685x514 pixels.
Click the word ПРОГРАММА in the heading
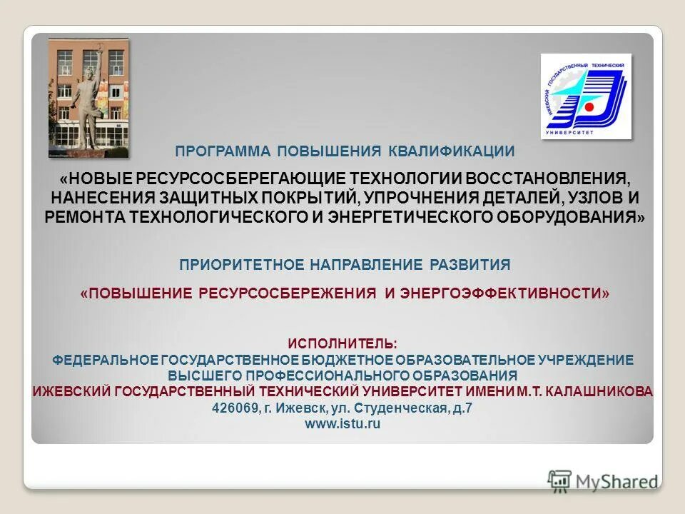(x=223, y=151)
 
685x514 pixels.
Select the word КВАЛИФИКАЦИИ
(x=452, y=151)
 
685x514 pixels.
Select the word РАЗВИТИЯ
(x=470, y=265)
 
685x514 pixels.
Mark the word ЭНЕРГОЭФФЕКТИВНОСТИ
(x=504, y=293)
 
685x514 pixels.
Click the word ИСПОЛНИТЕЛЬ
(x=342, y=344)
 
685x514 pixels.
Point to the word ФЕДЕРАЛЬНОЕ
(x=105, y=360)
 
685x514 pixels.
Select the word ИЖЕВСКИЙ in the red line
(x=70, y=391)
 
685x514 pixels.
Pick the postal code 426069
(x=236, y=408)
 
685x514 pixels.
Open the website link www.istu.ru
(x=342, y=424)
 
